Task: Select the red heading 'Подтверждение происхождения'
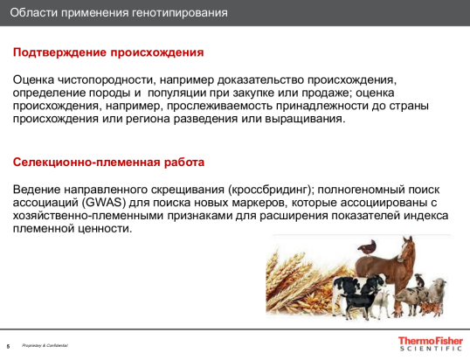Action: coord(108,52)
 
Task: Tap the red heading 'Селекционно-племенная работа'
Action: coord(109,163)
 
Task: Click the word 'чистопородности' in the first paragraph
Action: coord(106,79)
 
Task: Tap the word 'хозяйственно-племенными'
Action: coord(86,216)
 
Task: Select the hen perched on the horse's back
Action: coord(369,246)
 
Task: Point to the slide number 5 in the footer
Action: coord(9,346)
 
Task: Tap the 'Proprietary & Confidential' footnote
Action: coord(45,346)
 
